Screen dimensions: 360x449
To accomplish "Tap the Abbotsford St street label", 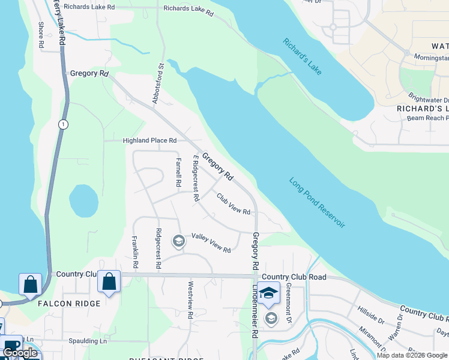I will [x=158, y=85].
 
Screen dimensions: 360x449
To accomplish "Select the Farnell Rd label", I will [x=178, y=171].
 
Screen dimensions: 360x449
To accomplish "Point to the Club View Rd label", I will [x=234, y=203].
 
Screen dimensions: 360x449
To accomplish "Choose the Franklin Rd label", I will [x=136, y=252].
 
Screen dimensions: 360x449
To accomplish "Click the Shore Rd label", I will [x=41, y=35].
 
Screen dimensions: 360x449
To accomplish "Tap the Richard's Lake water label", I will [x=303, y=57].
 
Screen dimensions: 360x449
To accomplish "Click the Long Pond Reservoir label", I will [x=317, y=202].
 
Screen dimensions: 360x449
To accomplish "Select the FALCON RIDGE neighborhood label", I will [x=70, y=304].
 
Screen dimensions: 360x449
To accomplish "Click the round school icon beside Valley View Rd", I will [x=178, y=241].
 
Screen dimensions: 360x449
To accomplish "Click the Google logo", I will [x=20, y=353].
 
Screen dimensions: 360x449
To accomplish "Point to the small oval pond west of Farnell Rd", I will [x=83, y=200].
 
